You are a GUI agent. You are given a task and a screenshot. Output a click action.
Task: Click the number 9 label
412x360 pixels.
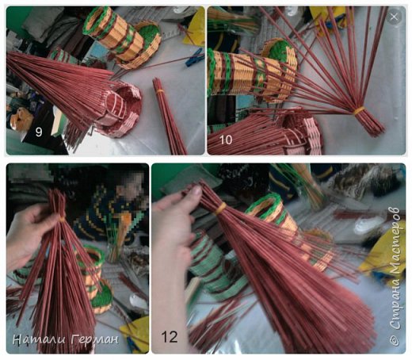39,132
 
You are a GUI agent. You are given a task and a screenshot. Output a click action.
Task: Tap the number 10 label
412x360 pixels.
226,140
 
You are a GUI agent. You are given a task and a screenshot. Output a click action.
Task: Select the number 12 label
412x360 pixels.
170,337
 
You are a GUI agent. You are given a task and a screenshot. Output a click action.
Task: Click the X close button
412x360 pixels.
394,17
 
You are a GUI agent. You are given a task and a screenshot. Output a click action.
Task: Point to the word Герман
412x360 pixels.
94,339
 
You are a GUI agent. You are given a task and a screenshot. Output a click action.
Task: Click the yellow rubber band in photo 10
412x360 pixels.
359,110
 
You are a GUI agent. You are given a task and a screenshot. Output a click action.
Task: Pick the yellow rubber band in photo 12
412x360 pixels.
221,209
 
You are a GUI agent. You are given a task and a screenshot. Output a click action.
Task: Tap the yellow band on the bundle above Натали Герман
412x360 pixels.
62,219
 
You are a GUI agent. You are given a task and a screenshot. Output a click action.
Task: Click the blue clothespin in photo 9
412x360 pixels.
195,60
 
